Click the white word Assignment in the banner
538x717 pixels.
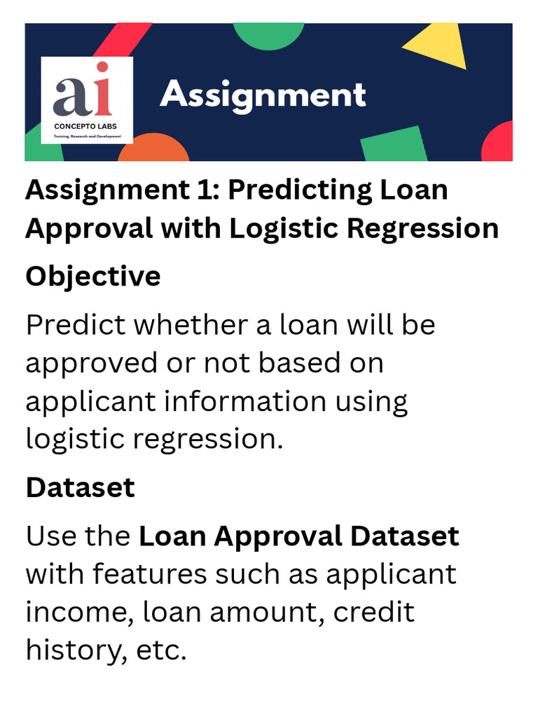pos(263,95)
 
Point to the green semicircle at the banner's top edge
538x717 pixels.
pos(269,34)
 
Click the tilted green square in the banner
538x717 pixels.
pos(394,145)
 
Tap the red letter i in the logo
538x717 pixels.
pos(102,89)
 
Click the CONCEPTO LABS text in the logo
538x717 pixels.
pos(86,127)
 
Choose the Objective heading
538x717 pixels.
pos(93,277)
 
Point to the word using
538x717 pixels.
pos(371,401)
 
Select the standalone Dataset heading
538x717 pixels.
pos(80,487)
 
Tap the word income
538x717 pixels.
pos(78,613)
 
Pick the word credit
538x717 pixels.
pos(373,613)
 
